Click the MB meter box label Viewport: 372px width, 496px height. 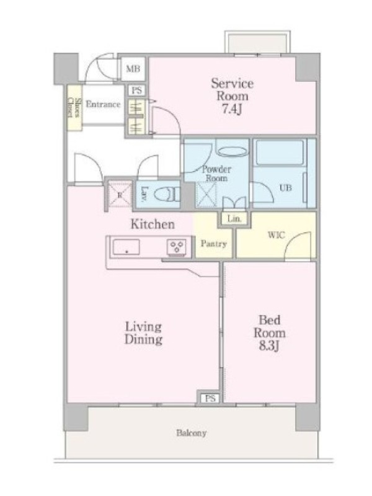(x=133, y=69)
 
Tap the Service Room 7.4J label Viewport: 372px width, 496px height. (x=232, y=96)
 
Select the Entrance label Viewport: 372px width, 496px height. (x=103, y=104)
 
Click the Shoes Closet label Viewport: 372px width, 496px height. (x=74, y=107)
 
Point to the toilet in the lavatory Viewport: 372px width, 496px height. (x=166, y=194)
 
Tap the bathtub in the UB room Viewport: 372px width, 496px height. (x=280, y=153)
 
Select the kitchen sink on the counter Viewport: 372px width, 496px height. (x=126, y=247)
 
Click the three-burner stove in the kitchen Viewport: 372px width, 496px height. (x=177, y=246)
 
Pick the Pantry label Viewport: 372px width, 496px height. (x=214, y=244)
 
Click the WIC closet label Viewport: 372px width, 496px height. (x=276, y=235)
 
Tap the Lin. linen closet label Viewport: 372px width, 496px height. (x=234, y=219)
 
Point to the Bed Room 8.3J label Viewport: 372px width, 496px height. (x=270, y=333)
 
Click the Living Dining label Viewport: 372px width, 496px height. (x=143, y=333)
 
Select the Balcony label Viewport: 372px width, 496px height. (x=192, y=433)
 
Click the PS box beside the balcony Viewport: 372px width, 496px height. (x=210, y=398)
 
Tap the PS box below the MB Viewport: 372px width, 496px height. (x=136, y=91)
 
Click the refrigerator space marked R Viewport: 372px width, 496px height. (x=120, y=195)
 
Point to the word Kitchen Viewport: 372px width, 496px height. (x=153, y=224)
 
